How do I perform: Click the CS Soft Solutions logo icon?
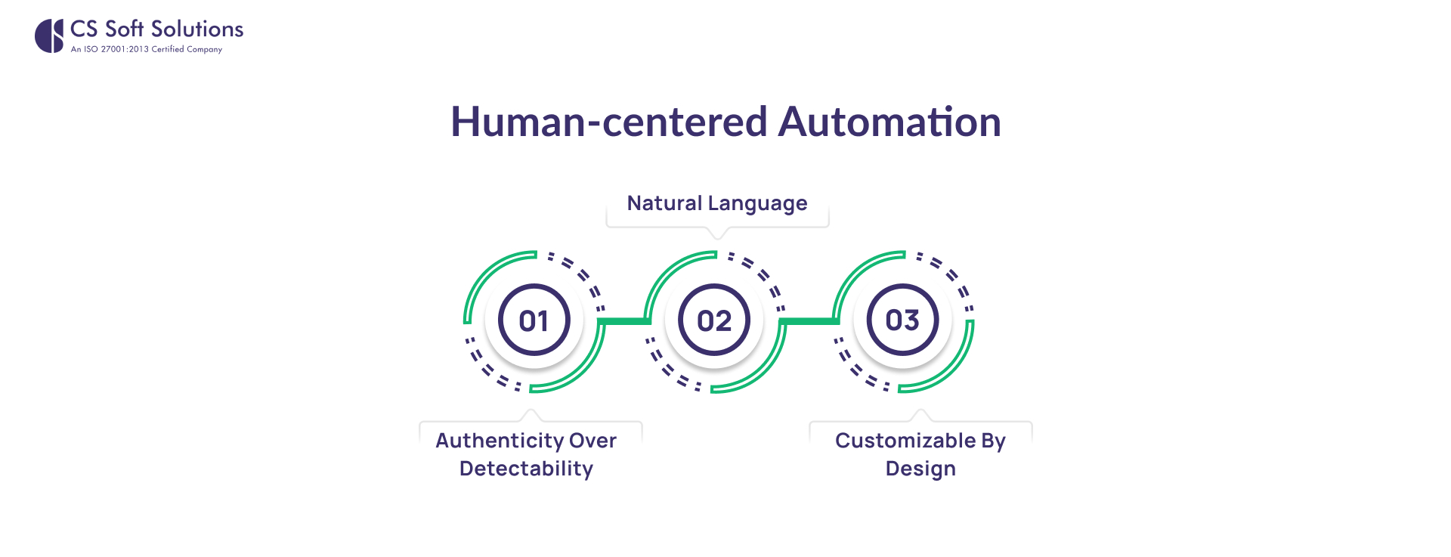pos(49,36)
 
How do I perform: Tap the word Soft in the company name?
pos(125,29)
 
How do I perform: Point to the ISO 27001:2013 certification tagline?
pos(147,50)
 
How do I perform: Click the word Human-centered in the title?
pos(609,122)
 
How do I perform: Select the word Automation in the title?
pos(889,122)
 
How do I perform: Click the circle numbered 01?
pos(534,320)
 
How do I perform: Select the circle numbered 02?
pos(714,320)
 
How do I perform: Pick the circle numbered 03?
pos(902,320)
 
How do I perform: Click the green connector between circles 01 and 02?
pos(624,321)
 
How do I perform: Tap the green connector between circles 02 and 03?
pos(809,321)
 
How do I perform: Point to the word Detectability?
pos(526,469)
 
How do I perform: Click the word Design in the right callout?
pos(920,469)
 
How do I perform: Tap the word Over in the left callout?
pos(593,441)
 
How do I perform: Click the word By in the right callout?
pos(993,441)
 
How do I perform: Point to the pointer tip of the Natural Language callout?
pos(718,239)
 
